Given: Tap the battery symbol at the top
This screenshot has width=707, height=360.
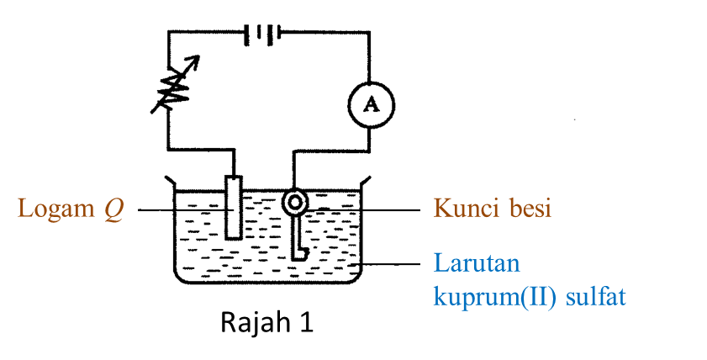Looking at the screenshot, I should (261, 34).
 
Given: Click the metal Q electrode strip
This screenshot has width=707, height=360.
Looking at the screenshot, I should (234, 207).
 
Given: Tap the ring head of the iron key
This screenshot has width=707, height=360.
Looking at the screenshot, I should (296, 203).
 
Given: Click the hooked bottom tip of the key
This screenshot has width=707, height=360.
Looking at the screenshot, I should (300, 251).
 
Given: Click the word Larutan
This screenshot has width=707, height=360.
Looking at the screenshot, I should (477, 263).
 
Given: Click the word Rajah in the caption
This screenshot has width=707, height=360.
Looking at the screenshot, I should (251, 324).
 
